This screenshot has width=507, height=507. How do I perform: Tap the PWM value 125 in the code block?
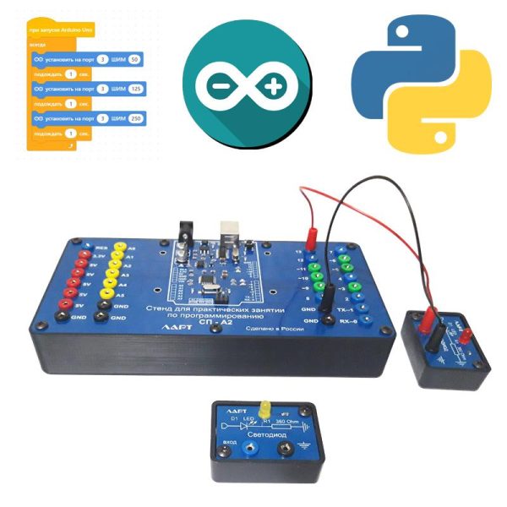[x=135, y=88]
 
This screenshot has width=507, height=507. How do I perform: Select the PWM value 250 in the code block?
[x=135, y=118]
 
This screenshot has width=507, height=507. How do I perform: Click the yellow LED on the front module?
[x=264, y=406]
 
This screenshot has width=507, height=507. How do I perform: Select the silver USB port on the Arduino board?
[x=230, y=232]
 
